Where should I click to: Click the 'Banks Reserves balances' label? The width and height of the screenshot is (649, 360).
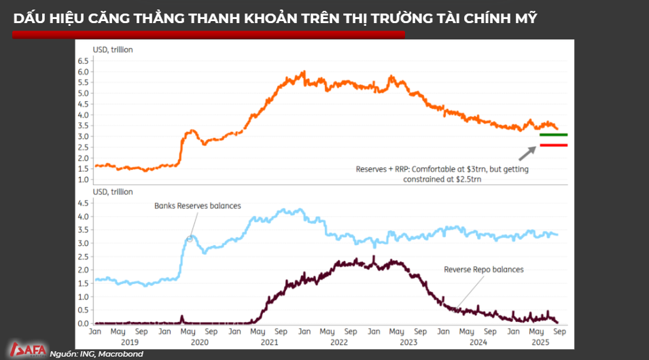point(197,206)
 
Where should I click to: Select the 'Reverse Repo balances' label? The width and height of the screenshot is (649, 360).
point(483,270)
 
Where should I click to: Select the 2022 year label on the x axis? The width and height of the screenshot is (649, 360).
point(338,342)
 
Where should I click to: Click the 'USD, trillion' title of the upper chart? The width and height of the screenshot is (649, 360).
point(113,50)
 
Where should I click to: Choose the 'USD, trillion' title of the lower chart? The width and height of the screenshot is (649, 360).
point(113,192)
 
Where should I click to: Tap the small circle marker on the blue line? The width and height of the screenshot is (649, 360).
point(190,238)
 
